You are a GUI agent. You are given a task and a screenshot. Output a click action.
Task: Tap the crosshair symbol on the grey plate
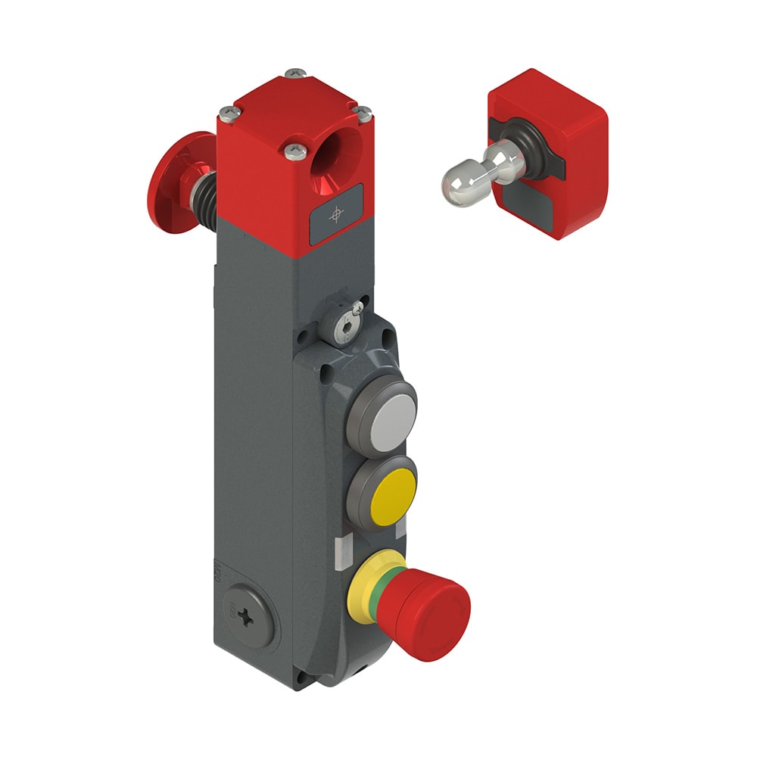tap(336, 216)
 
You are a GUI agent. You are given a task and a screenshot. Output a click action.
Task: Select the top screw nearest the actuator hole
tap(296, 152)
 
